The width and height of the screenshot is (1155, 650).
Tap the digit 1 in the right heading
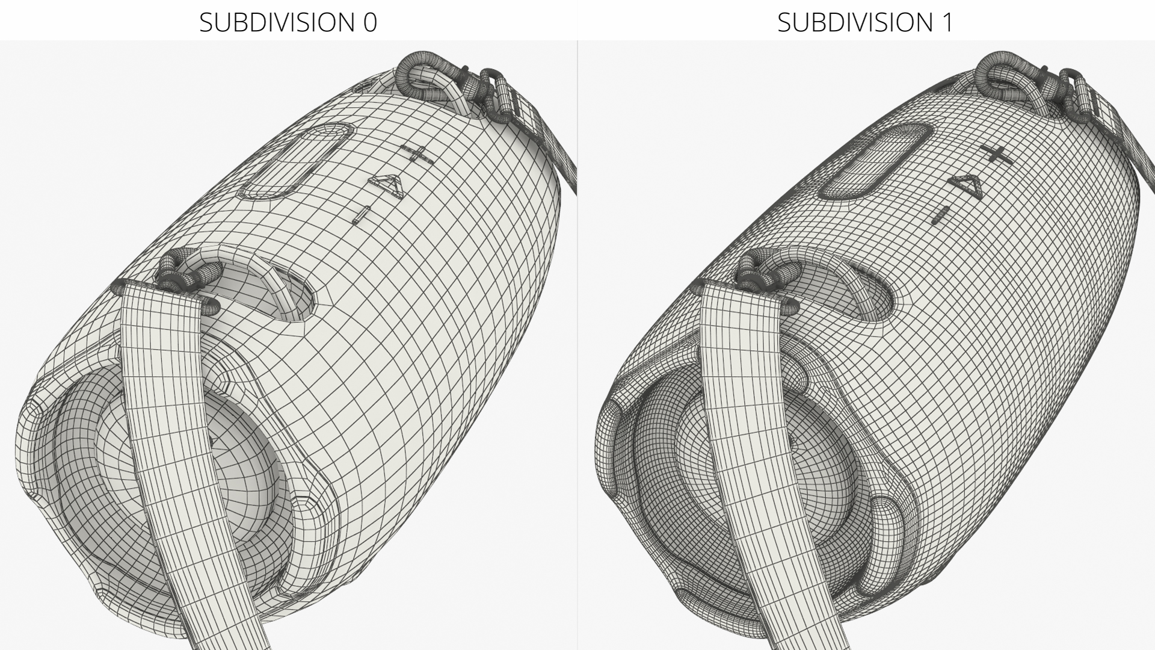[947, 22]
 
